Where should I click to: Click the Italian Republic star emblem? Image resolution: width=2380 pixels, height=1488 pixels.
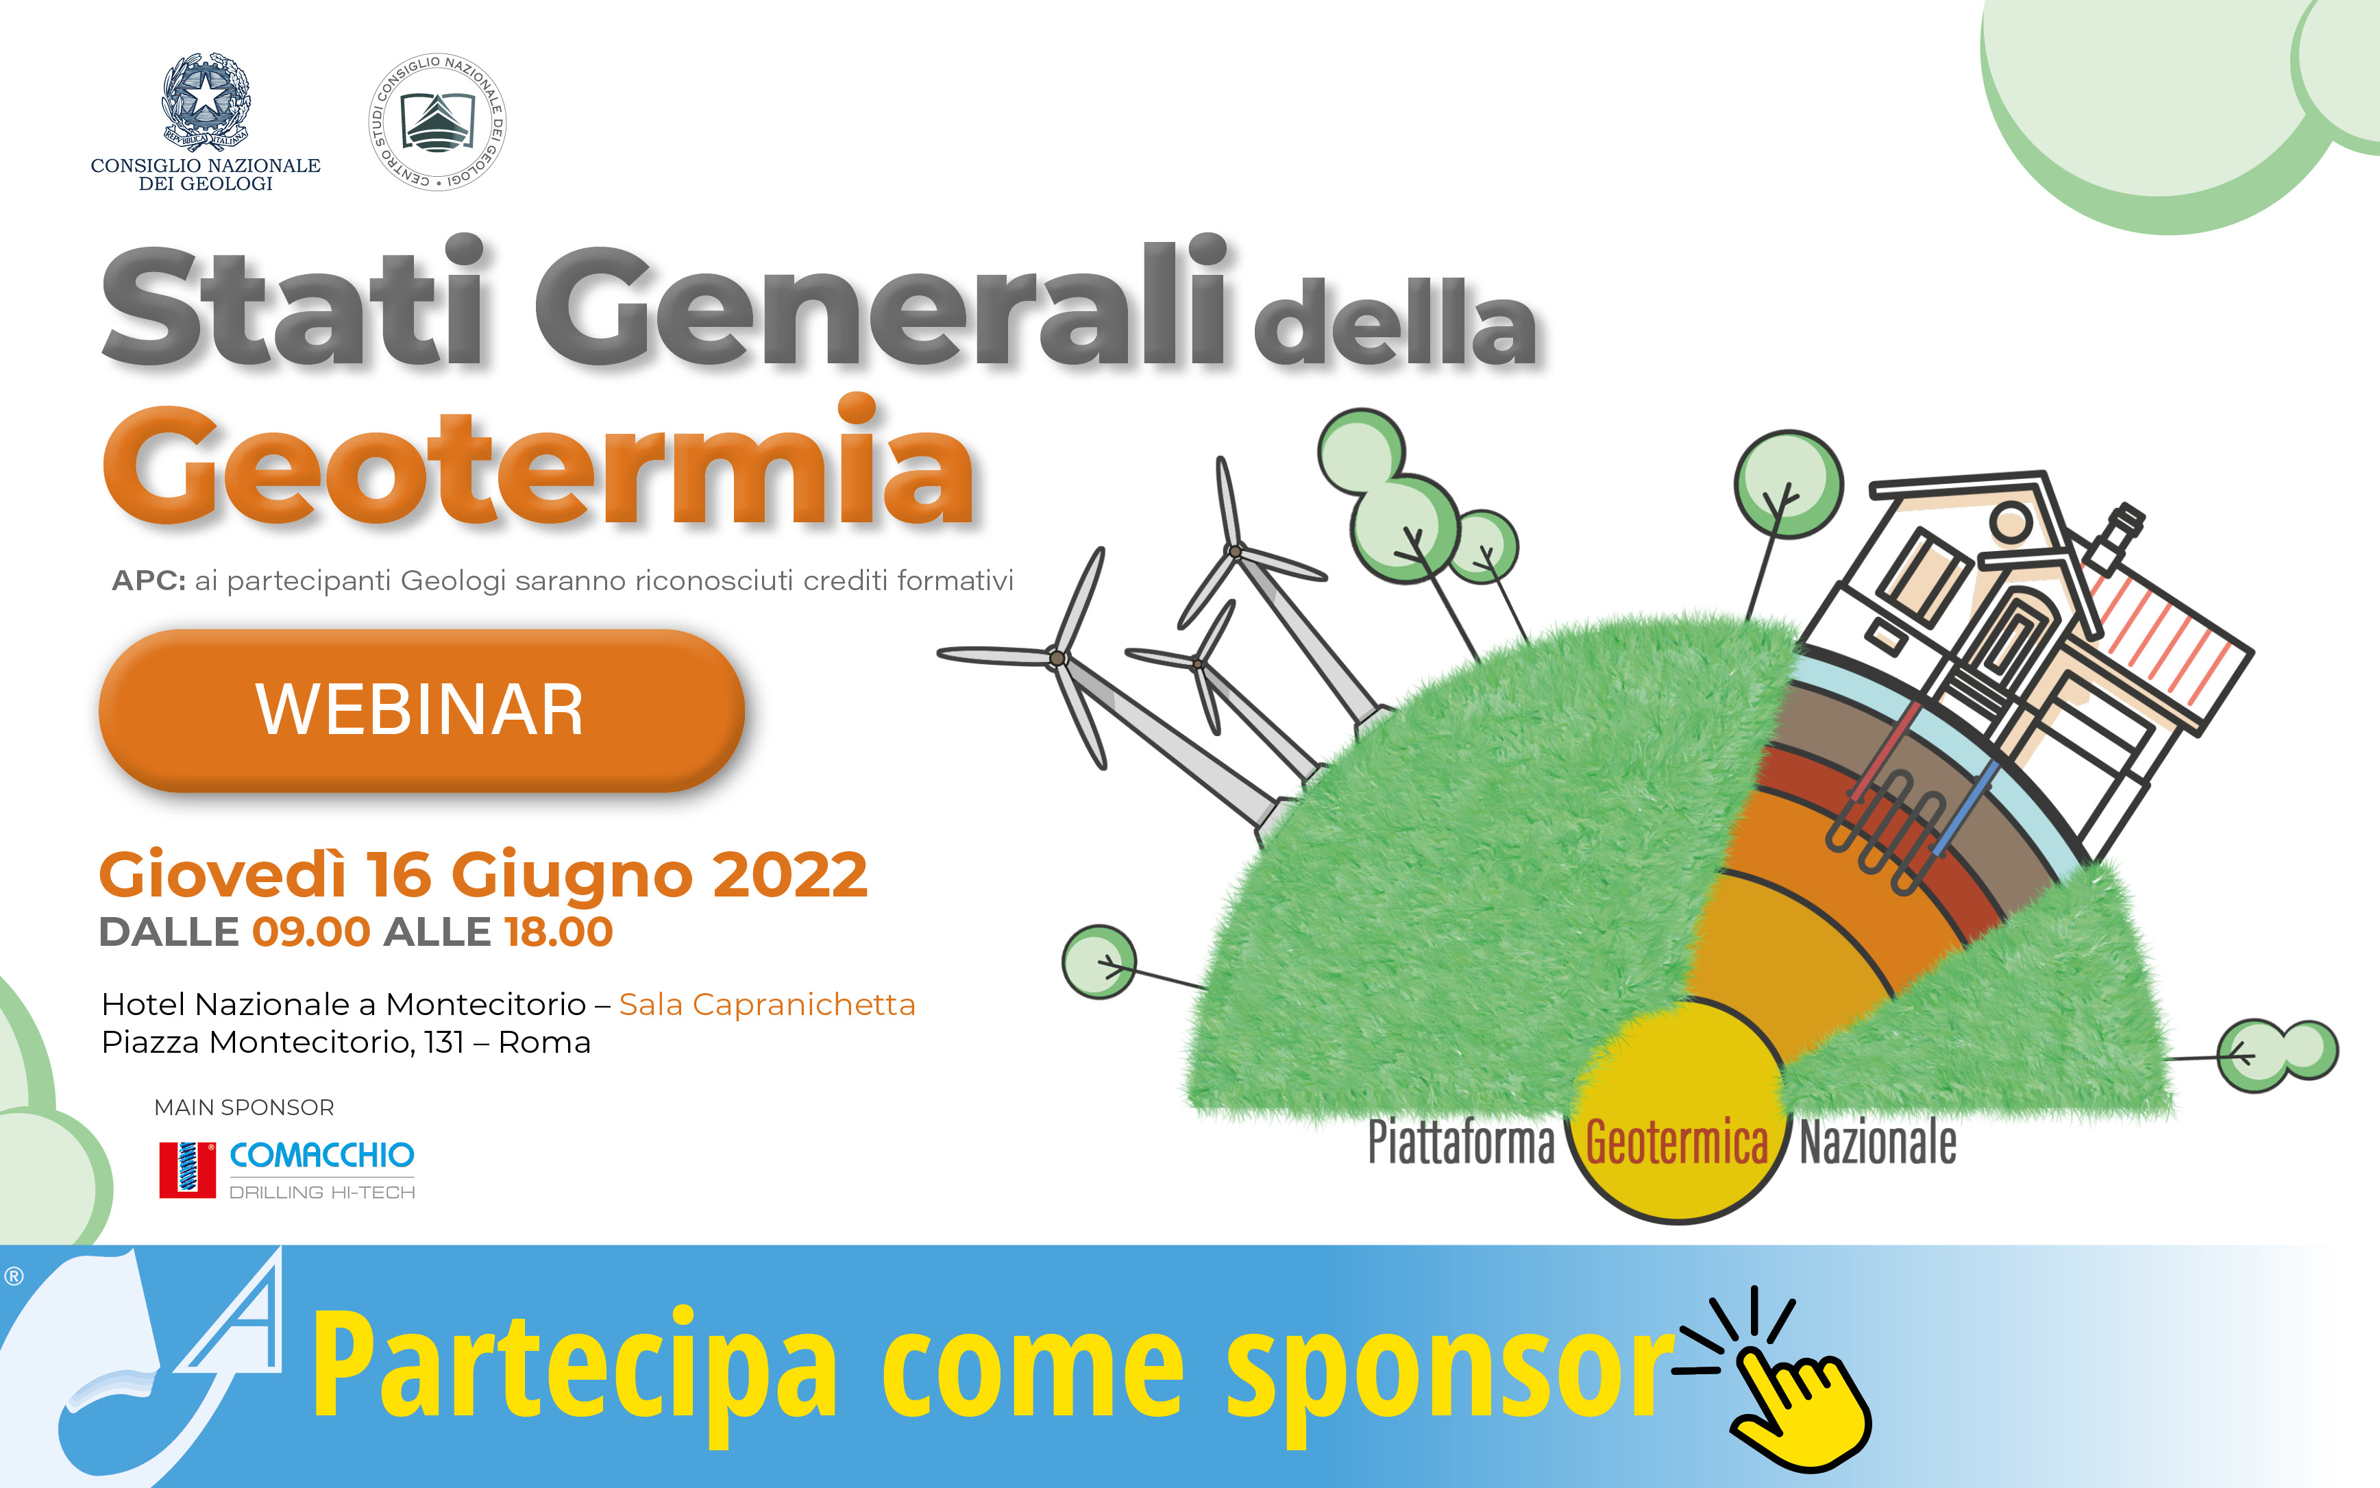pyautogui.click(x=206, y=100)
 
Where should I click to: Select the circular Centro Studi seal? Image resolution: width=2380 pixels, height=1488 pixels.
pyautogui.click(x=437, y=122)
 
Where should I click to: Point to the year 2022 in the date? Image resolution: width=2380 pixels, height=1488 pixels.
pyautogui.click(x=790, y=874)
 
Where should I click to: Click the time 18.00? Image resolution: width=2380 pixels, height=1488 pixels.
pyautogui.click(x=558, y=932)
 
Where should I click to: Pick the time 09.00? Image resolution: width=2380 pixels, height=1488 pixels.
pyautogui.click(x=311, y=932)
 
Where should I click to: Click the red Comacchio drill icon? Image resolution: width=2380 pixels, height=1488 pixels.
pyautogui.click(x=187, y=1169)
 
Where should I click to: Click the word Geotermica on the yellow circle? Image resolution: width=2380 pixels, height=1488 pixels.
pyautogui.click(x=1676, y=1143)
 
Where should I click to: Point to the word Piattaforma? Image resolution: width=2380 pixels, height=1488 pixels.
pyautogui.click(x=1461, y=1143)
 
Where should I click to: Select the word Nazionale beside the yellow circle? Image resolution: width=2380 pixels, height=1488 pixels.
pyautogui.click(x=1878, y=1143)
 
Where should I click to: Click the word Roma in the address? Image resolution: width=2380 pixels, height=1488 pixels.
pyautogui.click(x=544, y=1042)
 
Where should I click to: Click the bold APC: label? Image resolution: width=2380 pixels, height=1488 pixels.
pyautogui.click(x=149, y=581)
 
